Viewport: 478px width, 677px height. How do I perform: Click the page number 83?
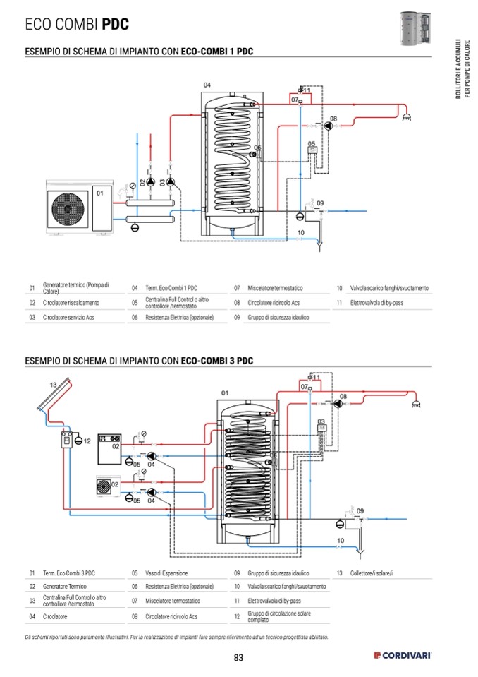238,658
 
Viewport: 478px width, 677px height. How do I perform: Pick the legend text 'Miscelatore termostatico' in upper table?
275,289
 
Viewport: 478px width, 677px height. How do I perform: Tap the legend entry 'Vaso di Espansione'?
167,573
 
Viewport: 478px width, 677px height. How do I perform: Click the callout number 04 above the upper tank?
207,85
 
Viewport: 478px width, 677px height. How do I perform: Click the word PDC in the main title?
115,25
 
